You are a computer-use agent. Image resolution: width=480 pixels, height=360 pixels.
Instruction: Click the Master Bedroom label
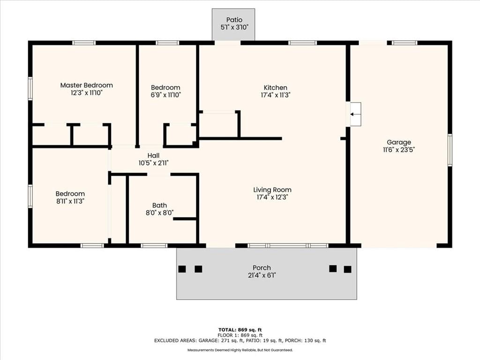pyautogui.click(x=86, y=85)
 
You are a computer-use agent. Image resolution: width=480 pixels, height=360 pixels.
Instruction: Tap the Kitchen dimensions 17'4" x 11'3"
pyautogui.click(x=276, y=95)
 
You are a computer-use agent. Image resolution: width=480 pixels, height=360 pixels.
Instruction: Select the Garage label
pyautogui.click(x=399, y=142)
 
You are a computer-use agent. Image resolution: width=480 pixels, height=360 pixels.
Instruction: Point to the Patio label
pyautogui.click(x=234, y=20)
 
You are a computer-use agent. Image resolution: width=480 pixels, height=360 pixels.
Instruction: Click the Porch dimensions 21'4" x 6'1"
pyautogui.click(x=262, y=275)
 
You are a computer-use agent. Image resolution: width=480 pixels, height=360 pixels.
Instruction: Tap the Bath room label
pyautogui.click(x=159, y=205)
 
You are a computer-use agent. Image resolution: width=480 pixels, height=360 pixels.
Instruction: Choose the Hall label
pyautogui.click(x=153, y=156)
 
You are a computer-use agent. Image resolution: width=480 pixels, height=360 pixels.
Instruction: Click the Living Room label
pyautogui.click(x=272, y=190)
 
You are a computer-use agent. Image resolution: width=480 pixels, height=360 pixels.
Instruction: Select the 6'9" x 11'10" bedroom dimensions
pyautogui.click(x=165, y=95)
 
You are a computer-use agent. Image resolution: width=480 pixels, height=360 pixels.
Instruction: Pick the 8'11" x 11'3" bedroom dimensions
pyautogui.click(x=70, y=201)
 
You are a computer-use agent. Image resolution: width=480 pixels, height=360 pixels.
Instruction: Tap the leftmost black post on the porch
pyautogui.click(x=182, y=269)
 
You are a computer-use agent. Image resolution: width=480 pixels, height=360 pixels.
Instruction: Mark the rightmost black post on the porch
pyautogui.click(x=347, y=270)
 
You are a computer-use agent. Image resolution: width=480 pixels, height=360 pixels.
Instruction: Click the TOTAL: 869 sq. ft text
pyautogui.click(x=240, y=330)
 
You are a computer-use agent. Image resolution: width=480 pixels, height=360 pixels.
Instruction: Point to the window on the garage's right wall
pyautogui.click(x=450, y=150)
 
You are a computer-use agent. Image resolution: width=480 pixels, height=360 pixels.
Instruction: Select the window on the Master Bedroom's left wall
pyautogui.click(x=30, y=89)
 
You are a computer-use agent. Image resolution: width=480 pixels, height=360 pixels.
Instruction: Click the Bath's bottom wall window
pyautogui.click(x=154, y=246)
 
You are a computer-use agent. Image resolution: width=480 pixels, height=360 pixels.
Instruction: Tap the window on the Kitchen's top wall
pyautogui.click(x=303, y=43)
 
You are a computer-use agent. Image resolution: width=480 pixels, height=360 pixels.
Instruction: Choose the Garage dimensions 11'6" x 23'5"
pyautogui.click(x=399, y=150)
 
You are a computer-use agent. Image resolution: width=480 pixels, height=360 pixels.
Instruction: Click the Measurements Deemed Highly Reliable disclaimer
pyautogui.click(x=240, y=350)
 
